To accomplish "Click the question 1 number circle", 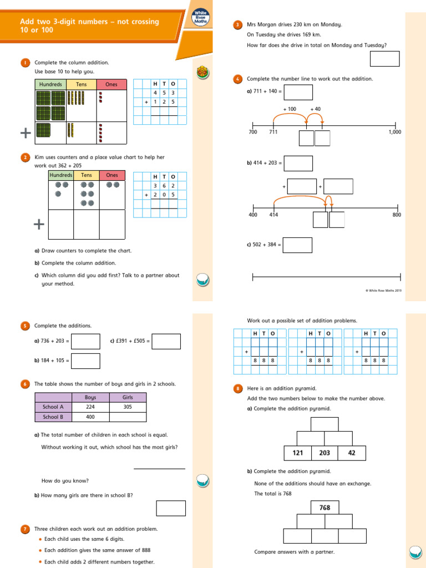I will point(25,63).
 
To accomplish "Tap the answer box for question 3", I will point(385,58).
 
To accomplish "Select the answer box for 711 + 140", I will point(298,92).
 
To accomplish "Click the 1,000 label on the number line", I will point(395,133).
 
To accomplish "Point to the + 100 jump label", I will point(290,109).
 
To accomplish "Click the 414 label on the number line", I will point(273,215).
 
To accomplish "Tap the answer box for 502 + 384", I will point(297,245).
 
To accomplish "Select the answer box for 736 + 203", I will point(85,341).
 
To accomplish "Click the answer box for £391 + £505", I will point(166,341).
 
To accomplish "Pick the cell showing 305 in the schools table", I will point(128,407).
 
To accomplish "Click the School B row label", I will point(53,417).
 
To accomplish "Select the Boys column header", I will point(90,397).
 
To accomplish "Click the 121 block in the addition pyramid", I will point(298,453).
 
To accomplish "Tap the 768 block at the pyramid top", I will point(324,508).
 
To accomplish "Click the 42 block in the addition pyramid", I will point(352,453).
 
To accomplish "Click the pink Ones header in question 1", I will point(111,84).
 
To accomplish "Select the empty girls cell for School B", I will point(128,417).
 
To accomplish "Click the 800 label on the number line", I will point(397,215).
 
